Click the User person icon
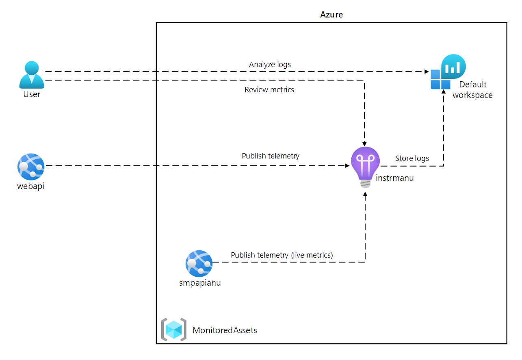32,75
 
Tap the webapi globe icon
31,167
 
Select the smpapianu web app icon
199,264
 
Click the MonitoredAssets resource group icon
174,330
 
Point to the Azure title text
331,15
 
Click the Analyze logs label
270,65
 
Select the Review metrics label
269,90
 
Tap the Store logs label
412,158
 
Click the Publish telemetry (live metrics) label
282,255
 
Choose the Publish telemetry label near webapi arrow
271,156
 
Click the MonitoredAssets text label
225,330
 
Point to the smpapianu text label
200,283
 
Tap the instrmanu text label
394,178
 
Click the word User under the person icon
32,94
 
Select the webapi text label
30,186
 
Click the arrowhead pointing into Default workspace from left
427,72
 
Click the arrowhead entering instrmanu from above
364,143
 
